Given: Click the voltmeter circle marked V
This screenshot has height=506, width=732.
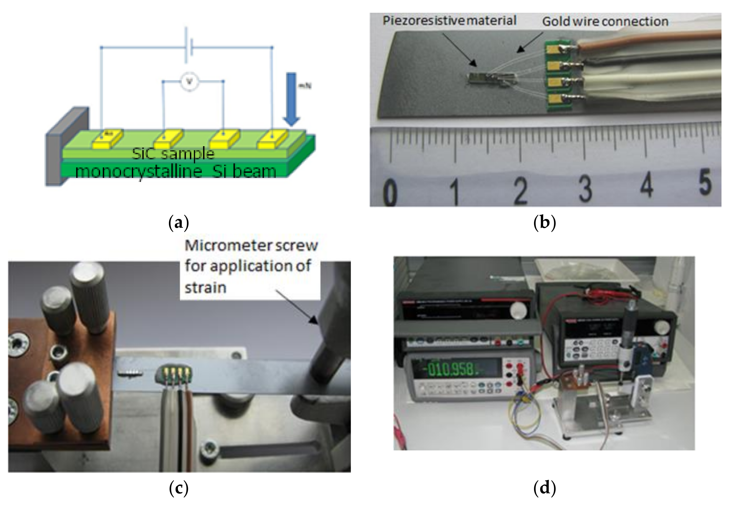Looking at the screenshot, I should click(189, 82).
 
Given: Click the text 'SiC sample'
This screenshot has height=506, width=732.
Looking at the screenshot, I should click(173, 154).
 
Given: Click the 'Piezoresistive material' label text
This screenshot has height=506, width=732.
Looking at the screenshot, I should click(449, 21).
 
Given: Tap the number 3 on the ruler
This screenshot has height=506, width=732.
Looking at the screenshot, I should click(585, 189).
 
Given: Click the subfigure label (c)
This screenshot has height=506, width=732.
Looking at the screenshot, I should click(179, 488).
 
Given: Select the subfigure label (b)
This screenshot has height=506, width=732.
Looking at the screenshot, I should click(544, 223).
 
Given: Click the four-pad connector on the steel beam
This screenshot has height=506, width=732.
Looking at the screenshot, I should click(174, 374).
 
